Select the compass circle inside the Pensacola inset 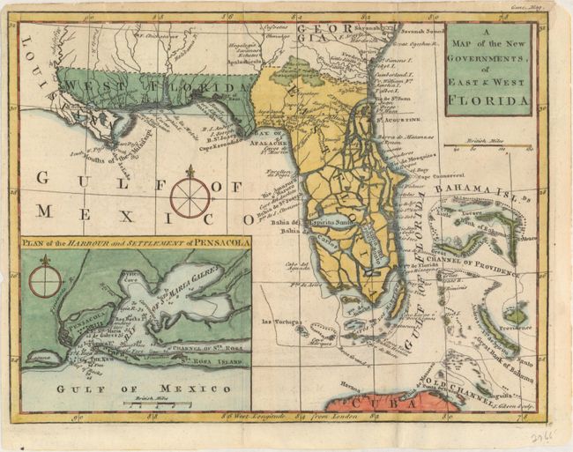tap(45, 282)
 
